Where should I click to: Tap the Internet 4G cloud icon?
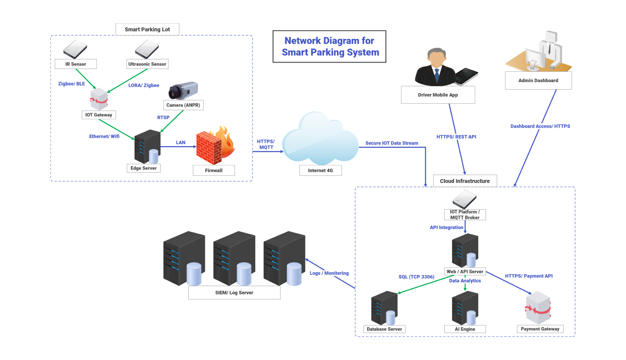point(320,140)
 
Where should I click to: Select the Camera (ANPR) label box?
point(183,105)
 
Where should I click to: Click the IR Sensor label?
point(76,64)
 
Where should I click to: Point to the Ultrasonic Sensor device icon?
point(147,50)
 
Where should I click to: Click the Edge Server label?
point(143,168)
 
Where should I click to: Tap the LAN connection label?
point(180,142)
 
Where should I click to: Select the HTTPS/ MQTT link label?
point(266,144)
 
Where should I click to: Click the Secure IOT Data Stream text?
point(391,143)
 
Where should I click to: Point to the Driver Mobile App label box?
point(438,95)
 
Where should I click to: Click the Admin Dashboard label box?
point(538,81)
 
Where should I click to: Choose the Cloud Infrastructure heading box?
point(465,181)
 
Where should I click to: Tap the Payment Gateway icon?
point(538,308)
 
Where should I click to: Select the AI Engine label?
point(465,329)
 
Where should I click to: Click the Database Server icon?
point(384,308)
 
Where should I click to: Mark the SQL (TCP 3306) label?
point(416,277)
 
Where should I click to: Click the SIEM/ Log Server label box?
point(234,293)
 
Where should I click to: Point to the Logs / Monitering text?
point(329,273)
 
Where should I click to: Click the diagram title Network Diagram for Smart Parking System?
point(330,47)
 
